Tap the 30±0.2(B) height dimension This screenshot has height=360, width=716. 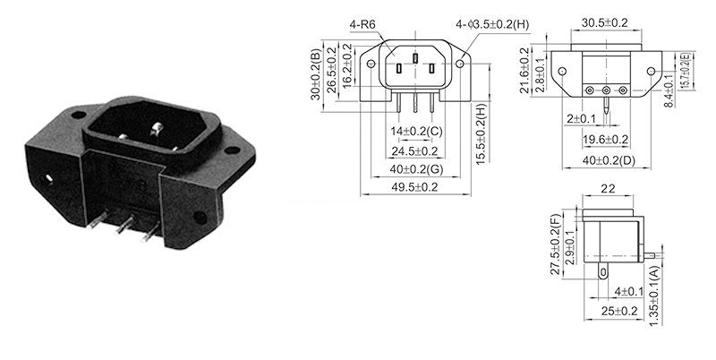pyautogui.click(x=314, y=73)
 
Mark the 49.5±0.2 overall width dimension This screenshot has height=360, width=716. pyautogui.click(x=413, y=188)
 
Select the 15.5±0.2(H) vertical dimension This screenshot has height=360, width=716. pyautogui.click(x=481, y=135)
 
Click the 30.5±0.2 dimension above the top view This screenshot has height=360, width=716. pyautogui.click(x=606, y=23)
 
